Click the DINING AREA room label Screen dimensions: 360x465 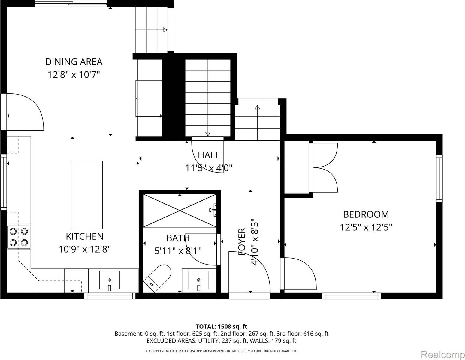point(74,62)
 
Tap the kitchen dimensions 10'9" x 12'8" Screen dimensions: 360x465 point(85,249)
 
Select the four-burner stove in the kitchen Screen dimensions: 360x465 point(19,237)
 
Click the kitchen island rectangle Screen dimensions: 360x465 point(86,195)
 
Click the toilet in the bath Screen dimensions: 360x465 point(158,278)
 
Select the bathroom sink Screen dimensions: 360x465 point(198,280)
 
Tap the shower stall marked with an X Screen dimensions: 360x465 point(180,211)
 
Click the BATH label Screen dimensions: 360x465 point(178,238)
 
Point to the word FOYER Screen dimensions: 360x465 point(242,242)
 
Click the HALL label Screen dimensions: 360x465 point(209,155)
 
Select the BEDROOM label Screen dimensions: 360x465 point(366,214)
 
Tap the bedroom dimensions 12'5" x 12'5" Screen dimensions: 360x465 point(366,227)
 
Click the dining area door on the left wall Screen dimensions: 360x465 point(24,112)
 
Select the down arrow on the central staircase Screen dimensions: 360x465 point(207,134)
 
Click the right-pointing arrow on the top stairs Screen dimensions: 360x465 point(165,30)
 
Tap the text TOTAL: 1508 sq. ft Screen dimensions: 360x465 point(221,326)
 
